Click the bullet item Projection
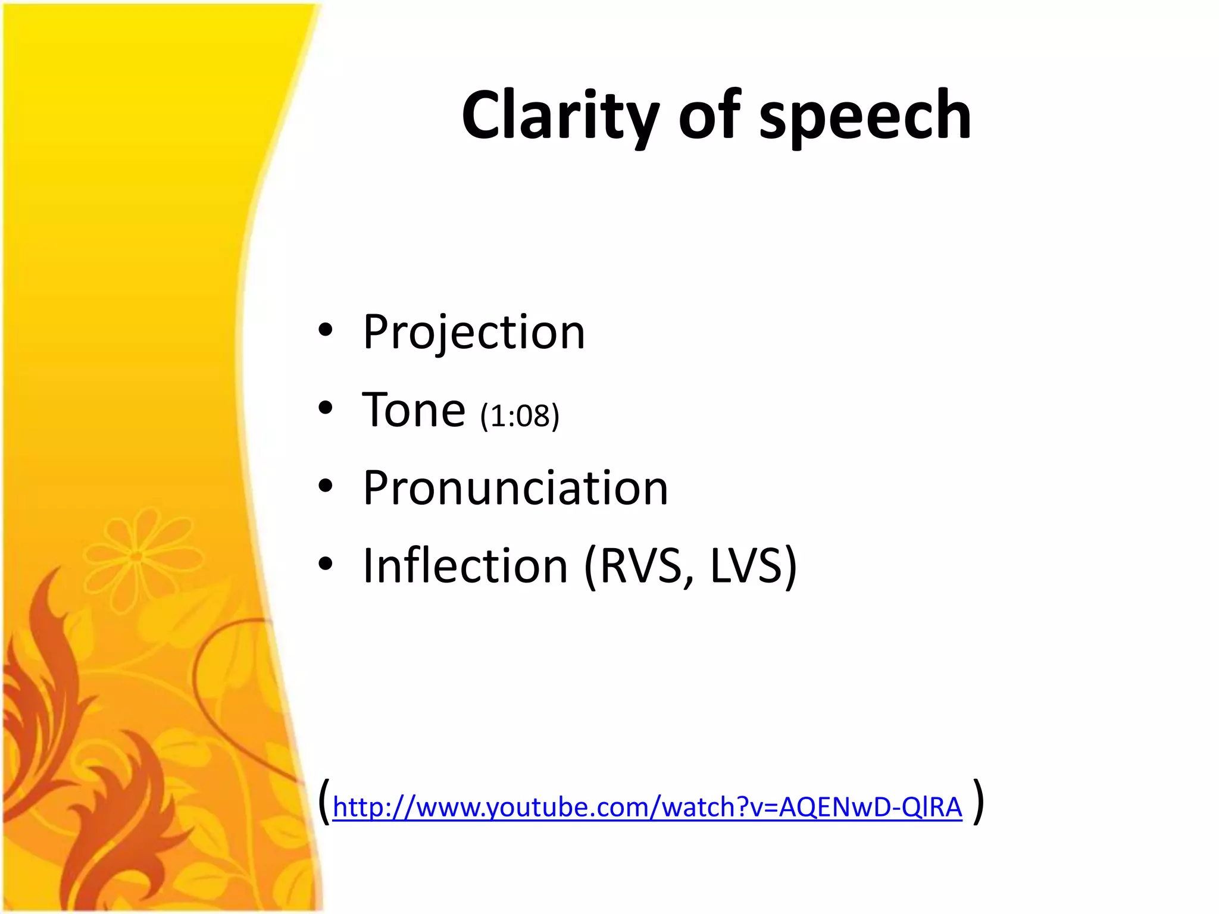[474, 332]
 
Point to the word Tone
[414, 410]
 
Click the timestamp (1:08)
[520, 415]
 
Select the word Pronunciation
[515, 488]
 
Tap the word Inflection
[465, 566]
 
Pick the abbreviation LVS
[747, 566]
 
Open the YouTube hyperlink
[647, 807]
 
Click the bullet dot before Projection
[325, 330]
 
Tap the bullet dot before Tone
[325, 408]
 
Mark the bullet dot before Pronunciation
[325, 486]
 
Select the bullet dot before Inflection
[325, 564]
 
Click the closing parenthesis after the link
[978, 802]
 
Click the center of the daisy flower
[136, 556]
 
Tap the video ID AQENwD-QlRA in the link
[870, 807]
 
